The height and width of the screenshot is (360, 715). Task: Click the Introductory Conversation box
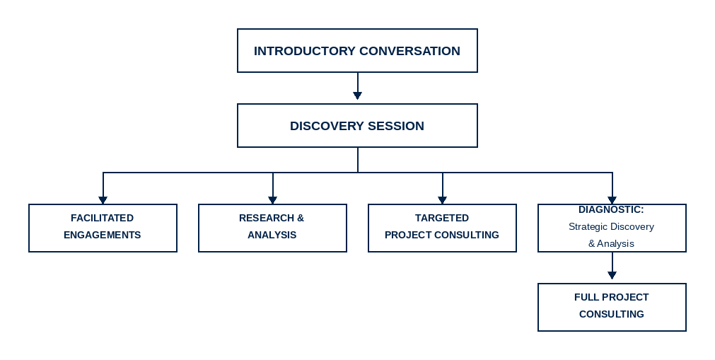pyautogui.click(x=357, y=50)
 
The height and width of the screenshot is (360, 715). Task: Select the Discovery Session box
pyautogui.click(x=357, y=126)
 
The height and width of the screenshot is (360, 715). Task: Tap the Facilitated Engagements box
pyautogui.click(x=103, y=228)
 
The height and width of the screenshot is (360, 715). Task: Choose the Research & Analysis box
pyautogui.click(x=272, y=228)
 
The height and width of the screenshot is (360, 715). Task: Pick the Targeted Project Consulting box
pyautogui.click(x=442, y=228)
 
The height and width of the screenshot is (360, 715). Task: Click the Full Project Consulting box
pyautogui.click(x=612, y=307)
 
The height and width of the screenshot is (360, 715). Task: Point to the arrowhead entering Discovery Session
pyautogui.click(x=357, y=95)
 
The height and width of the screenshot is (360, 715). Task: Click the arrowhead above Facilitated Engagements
pyautogui.click(x=103, y=200)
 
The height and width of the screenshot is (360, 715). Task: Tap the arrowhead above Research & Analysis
pyautogui.click(x=272, y=200)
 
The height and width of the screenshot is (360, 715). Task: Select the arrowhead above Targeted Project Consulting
pyautogui.click(x=442, y=200)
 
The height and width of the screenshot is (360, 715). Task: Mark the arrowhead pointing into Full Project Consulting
pyautogui.click(x=612, y=274)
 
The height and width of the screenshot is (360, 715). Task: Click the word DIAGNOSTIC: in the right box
pyautogui.click(x=611, y=210)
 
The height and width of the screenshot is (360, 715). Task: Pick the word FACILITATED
pyautogui.click(x=102, y=218)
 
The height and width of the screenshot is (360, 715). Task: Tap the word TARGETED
pyautogui.click(x=441, y=218)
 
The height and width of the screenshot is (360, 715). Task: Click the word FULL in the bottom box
pyautogui.click(x=586, y=297)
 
